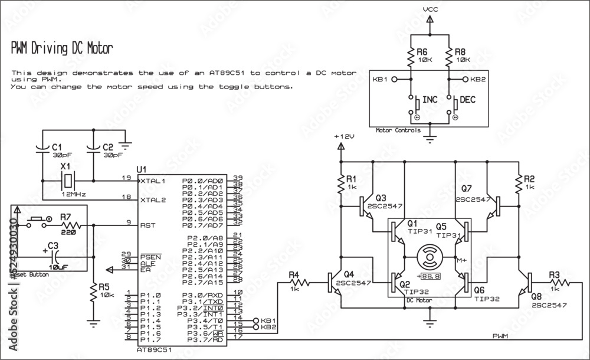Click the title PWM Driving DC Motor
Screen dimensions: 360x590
point(58,48)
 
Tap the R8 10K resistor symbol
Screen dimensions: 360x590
point(448,58)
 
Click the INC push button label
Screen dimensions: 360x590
point(430,100)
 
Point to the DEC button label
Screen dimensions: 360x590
point(467,100)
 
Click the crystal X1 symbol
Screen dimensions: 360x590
point(68,180)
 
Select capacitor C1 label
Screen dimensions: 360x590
point(57,146)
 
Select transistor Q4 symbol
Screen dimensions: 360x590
point(333,282)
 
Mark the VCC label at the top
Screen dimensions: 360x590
point(430,10)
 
